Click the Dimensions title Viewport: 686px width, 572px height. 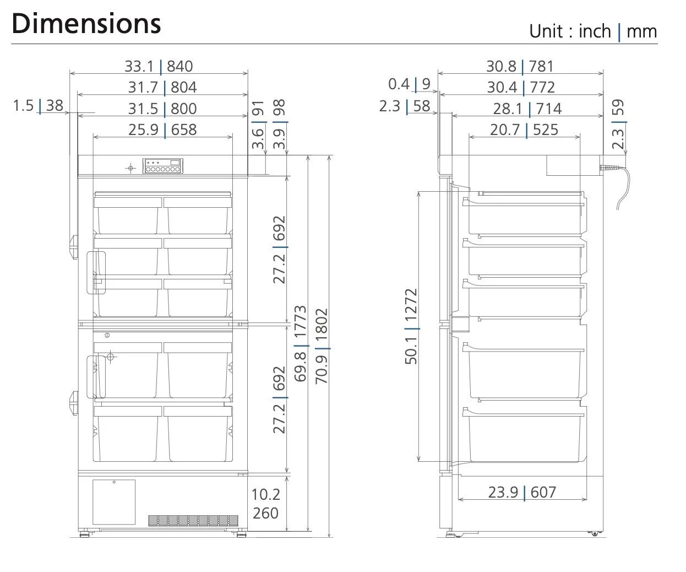coord(86,24)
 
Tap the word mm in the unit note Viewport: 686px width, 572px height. coord(641,31)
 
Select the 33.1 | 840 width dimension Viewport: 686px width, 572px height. coord(159,66)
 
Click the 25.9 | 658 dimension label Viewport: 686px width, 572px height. coord(162,129)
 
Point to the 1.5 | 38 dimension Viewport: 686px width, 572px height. coord(38,106)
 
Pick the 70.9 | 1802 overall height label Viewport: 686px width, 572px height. coord(322,347)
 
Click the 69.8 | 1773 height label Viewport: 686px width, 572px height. coord(301,344)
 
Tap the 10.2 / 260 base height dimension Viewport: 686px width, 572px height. coord(265,504)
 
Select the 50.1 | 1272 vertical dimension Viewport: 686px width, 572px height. coord(411,327)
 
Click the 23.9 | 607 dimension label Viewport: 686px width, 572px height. coord(522,493)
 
